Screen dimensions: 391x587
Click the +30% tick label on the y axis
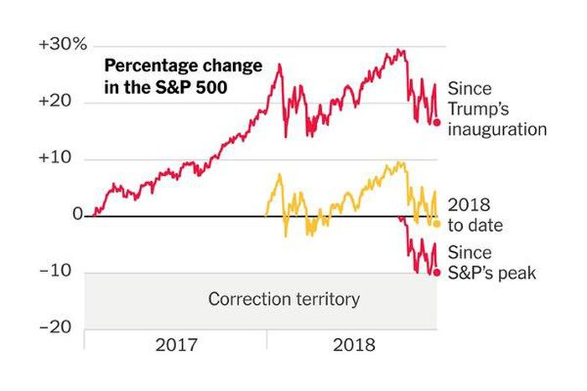pyautogui.click(x=63, y=45)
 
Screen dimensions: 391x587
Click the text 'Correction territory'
pyautogui.click(x=283, y=299)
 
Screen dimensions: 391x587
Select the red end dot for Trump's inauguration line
pyautogui.click(x=436, y=122)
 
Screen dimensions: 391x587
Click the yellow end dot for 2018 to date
pyautogui.click(x=436, y=224)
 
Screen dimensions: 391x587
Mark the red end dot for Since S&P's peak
pyautogui.click(x=436, y=271)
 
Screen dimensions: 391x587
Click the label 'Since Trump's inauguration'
pyautogui.click(x=496, y=109)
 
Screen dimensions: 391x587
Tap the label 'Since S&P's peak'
pyautogui.click(x=491, y=262)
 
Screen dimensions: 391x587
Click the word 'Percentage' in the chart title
pyautogui.click(x=149, y=66)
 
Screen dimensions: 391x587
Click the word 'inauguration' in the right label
pyautogui.click(x=496, y=130)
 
